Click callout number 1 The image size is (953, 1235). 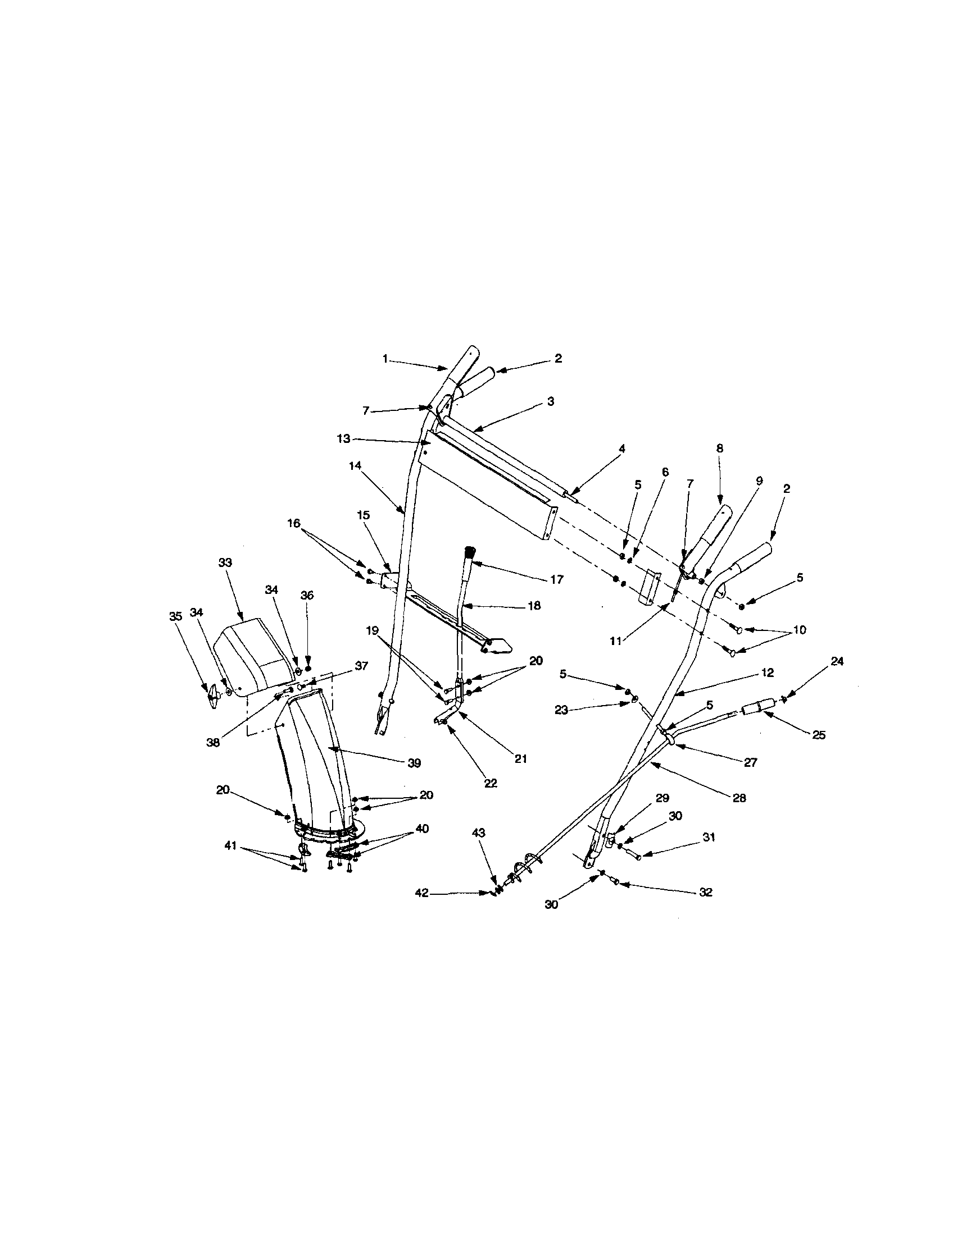(385, 359)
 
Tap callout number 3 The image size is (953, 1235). (550, 401)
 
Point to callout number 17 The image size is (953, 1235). (557, 580)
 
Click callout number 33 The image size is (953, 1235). (225, 563)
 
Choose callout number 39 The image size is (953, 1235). (414, 763)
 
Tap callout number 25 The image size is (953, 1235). (819, 735)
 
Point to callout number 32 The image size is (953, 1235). (705, 893)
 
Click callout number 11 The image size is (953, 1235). (616, 641)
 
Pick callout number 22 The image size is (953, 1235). (490, 784)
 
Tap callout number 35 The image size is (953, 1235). (176, 616)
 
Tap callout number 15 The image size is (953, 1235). (364, 515)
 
